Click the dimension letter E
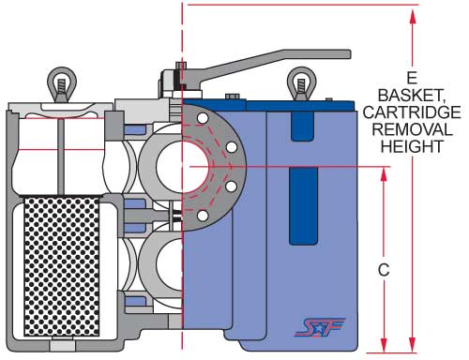pyautogui.click(x=412, y=78)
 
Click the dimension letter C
pyautogui.click(x=384, y=270)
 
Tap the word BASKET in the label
pyautogui.click(x=411, y=95)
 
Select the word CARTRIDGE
pyautogui.click(x=412, y=112)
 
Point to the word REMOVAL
pyautogui.click(x=412, y=129)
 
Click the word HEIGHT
pyautogui.click(x=412, y=146)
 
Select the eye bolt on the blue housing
pyautogui.click(x=301, y=83)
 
